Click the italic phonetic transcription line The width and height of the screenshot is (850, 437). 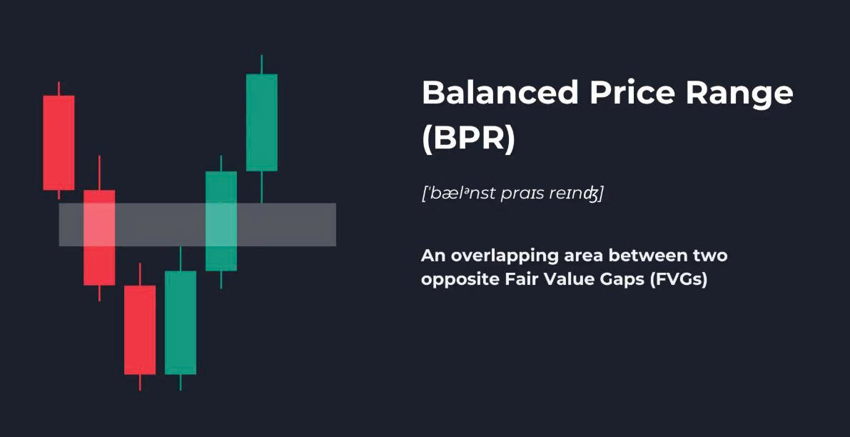point(512,194)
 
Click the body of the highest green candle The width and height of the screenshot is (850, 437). point(262,123)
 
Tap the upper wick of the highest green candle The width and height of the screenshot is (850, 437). point(261,64)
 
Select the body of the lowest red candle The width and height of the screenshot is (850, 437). point(140,330)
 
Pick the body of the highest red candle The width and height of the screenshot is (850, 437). point(59,143)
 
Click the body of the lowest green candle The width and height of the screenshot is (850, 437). point(181,323)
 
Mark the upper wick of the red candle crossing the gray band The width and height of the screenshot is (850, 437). point(99,172)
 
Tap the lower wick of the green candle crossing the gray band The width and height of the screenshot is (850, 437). point(221,280)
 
